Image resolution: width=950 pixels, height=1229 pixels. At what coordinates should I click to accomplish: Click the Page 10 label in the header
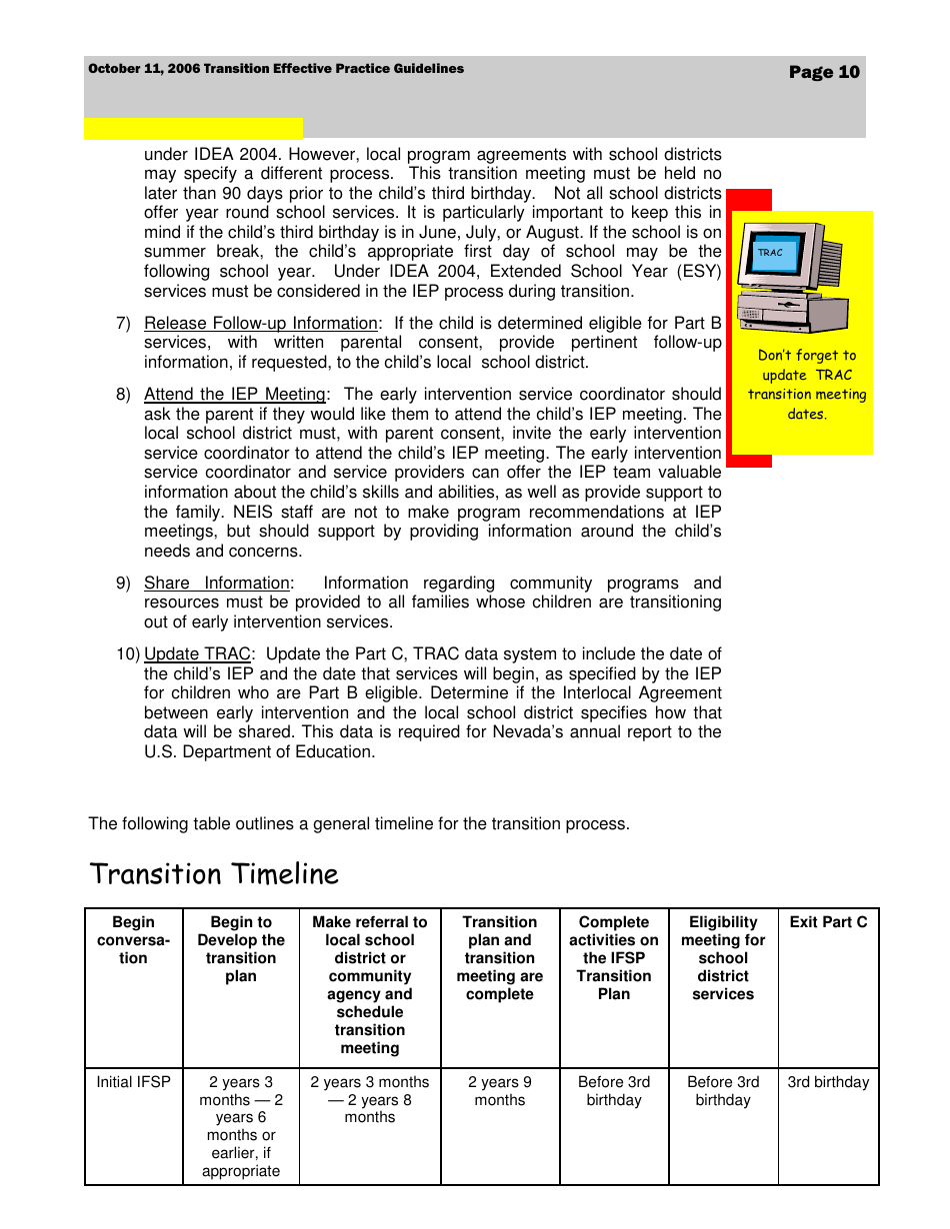823,72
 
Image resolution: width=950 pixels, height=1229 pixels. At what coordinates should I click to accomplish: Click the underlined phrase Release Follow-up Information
261,323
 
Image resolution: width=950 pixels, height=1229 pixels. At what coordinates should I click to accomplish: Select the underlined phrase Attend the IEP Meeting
234,394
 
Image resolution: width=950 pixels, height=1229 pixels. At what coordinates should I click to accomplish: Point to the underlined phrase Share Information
217,583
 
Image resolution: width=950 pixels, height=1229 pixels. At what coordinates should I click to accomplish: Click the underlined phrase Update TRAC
197,653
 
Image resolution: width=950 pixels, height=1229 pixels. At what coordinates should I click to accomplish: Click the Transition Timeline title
214,874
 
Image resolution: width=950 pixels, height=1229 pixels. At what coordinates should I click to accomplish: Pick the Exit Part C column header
828,922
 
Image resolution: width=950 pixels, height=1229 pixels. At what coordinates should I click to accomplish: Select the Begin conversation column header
134,940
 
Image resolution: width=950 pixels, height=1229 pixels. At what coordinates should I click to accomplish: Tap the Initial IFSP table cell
134,1082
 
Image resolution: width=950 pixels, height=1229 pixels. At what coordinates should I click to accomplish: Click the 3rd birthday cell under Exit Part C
828,1082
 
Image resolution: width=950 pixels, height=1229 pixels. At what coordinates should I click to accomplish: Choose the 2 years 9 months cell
499,1091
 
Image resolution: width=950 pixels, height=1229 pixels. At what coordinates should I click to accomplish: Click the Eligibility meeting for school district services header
723,958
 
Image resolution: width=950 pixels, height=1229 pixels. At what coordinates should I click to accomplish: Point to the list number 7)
123,323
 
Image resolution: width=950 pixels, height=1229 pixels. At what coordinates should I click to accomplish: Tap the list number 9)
123,583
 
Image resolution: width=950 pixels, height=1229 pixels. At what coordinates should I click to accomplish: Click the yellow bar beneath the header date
193,128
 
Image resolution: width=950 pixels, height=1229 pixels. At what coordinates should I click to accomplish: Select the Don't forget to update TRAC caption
807,385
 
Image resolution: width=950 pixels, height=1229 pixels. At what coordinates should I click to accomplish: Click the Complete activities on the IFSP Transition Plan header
614,958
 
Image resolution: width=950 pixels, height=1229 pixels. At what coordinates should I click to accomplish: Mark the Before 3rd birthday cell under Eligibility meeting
723,1091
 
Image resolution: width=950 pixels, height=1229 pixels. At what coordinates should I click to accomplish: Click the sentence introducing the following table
359,824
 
